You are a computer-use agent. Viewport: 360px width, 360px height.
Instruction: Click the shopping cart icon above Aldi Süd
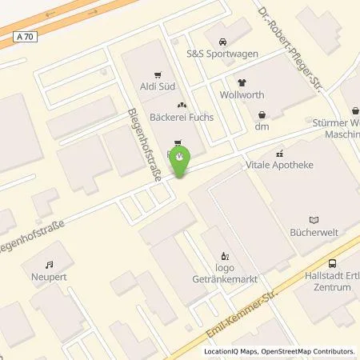[x=158, y=69]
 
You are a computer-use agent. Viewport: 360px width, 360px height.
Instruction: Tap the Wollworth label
[x=249, y=97]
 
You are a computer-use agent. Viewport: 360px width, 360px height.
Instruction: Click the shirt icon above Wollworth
[x=241, y=82]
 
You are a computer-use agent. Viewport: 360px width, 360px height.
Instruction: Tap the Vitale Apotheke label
[x=280, y=164]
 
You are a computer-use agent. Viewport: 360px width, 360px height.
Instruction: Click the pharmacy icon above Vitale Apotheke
[x=279, y=150]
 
